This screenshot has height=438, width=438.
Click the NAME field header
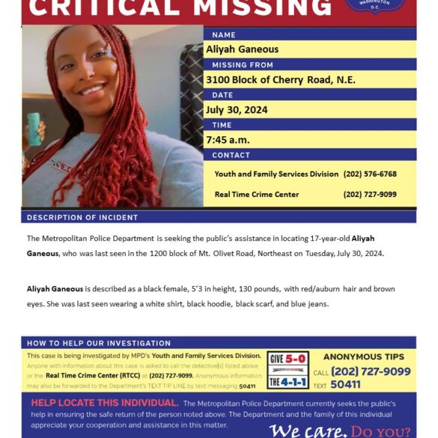click(224, 34)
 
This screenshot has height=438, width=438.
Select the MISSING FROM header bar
click(237, 65)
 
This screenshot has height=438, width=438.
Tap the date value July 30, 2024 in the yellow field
click(237, 110)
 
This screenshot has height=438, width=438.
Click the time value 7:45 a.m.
click(228, 140)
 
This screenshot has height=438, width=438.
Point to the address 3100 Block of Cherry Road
click(281, 80)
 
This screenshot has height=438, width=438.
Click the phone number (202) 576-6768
click(370, 174)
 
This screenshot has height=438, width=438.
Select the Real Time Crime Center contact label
click(257, 194)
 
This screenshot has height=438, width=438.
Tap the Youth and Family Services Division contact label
click(276, 174)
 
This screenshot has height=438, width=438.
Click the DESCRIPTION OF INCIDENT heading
click(82, 217)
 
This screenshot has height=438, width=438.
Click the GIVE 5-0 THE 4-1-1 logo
click(287, 370)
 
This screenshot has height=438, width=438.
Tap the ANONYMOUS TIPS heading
click(363, 357)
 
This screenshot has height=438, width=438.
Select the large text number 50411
click(345, 385)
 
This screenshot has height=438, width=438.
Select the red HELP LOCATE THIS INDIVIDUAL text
click(104, 403)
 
